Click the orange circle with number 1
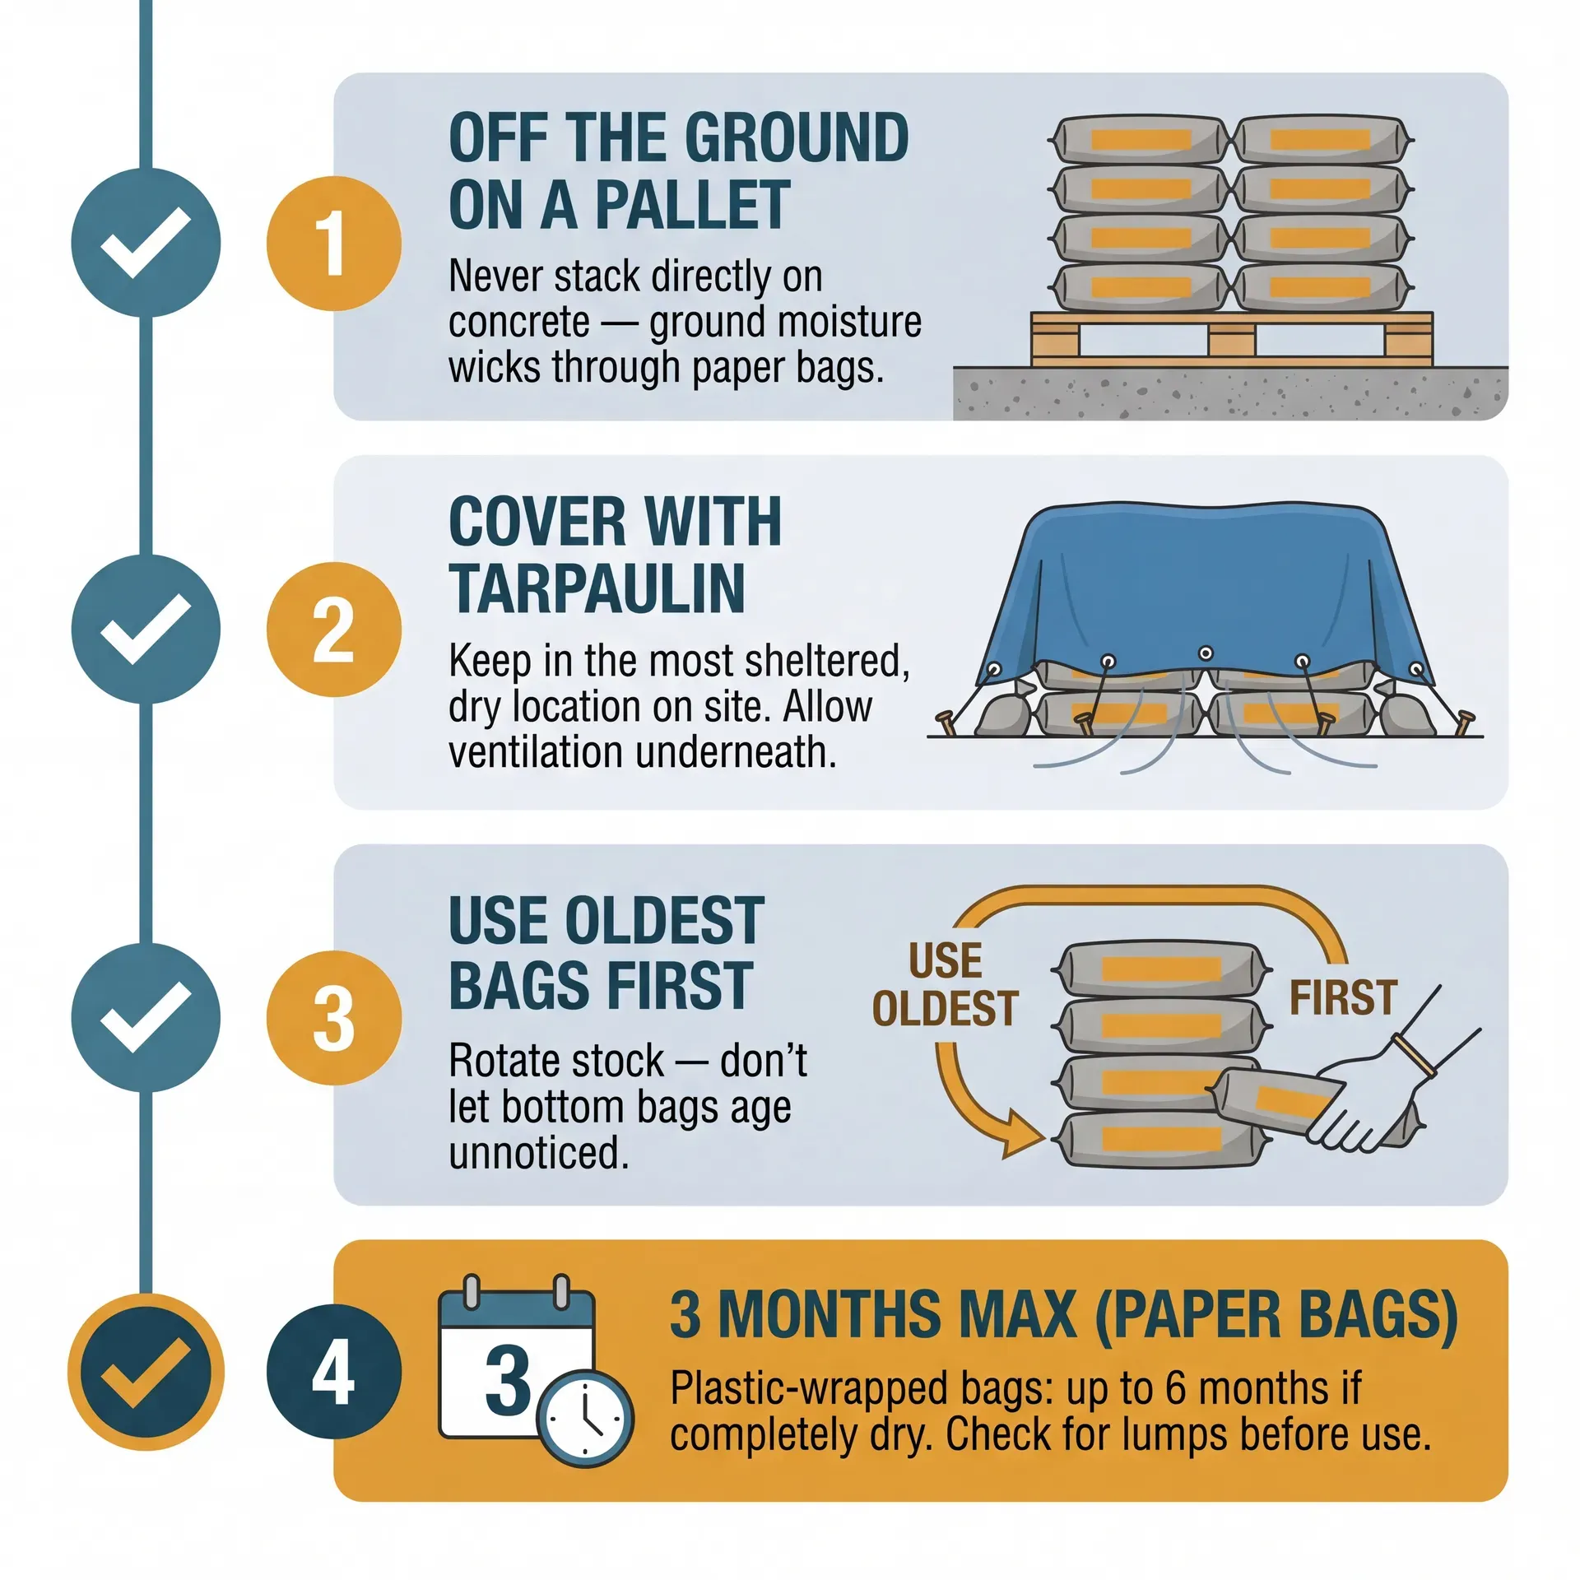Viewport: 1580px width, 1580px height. pyautogui.click(x=333, y=244)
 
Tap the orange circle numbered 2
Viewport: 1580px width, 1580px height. pyautogui.click(x=333, y=630)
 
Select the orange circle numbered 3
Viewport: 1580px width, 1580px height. pyautogui.click(x=333, y=1018)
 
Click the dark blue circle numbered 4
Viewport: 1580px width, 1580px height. pyautogui.click(x=333, y=1372)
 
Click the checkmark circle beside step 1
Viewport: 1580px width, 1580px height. pyautogui.click(x=146, y=243)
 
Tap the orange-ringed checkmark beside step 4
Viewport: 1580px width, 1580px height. pyautogui.click(x=146, y=1372)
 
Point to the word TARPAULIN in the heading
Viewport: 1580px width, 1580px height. pyautogui.click(x=597, y=589)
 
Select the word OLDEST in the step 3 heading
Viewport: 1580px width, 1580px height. pyautogui.click(x=667, y=921)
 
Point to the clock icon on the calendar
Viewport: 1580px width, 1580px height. pyautogui.click(x=585, y=1419)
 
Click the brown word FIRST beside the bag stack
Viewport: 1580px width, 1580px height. pyautogui.click(x=1343, y=997)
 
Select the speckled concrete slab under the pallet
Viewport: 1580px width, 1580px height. pyautogui.click(x=1230, y=393)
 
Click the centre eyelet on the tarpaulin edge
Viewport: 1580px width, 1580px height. pyautogui.click(x=1206, y=653)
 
